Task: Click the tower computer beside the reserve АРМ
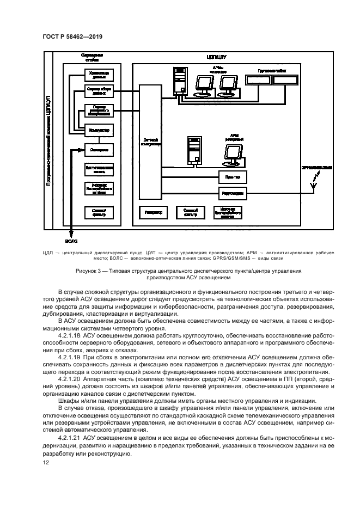193,150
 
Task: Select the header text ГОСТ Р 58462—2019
72,36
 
